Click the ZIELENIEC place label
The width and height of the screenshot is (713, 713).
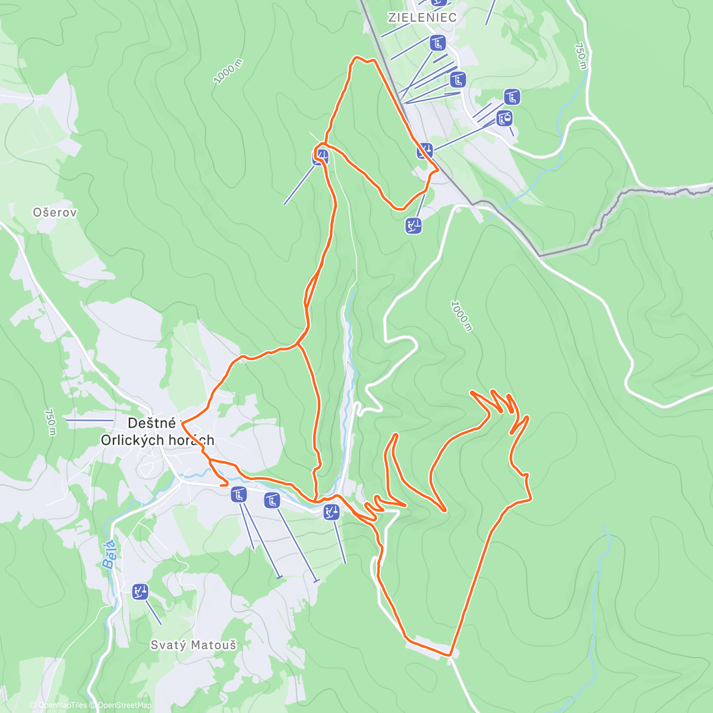pos(422,17)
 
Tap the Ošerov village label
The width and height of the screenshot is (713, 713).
pos(55,212)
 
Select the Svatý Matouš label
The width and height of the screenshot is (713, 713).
pos(193,645)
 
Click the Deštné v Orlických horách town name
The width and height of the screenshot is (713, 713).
pos(157,431)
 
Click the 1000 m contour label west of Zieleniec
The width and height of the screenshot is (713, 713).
pos(228,71)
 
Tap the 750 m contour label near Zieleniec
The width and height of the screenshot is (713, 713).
pos(581,56)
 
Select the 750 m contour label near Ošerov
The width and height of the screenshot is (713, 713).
pos(50,422)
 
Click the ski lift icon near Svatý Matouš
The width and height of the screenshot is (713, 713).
pos(140,591)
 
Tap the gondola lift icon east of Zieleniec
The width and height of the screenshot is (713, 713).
pos(504,118)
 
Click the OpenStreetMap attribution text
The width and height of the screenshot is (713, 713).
pos(125,705)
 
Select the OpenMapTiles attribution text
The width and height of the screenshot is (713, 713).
pos(62,705)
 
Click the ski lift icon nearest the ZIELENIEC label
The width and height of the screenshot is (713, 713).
pos(437,43)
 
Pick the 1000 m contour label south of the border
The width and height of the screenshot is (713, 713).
pos(460,316)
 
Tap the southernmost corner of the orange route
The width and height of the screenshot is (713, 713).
pos(450,655)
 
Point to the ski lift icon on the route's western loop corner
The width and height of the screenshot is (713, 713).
pos(320,157)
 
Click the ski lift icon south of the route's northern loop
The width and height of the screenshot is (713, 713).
pos(414,225)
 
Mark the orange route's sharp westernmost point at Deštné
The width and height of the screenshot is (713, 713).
pos(182,422)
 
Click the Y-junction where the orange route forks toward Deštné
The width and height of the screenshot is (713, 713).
pos(298,344)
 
